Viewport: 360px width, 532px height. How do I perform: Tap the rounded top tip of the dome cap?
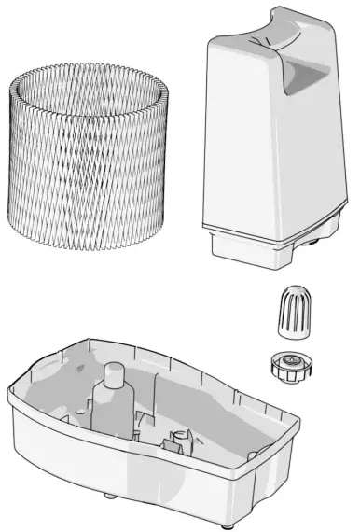tap(294, 291)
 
